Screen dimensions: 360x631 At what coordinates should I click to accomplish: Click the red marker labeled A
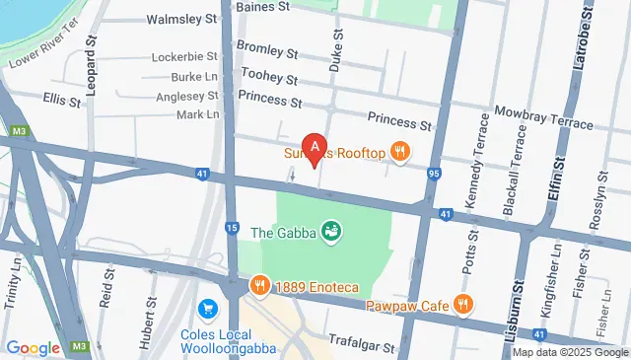coord(315,149)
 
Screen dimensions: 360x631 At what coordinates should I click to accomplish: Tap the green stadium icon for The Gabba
coord(331,232)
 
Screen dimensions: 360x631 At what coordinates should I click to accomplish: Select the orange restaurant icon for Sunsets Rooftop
coord(399,152)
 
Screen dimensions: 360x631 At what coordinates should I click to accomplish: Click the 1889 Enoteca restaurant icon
coord(259,285)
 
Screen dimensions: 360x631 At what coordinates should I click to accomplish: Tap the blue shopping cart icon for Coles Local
coord(207,310)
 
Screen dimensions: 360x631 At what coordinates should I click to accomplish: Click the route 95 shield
coord(434,175)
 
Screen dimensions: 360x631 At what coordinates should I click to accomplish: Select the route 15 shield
coord(232,228)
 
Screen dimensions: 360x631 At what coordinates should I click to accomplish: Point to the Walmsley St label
coord(181,19)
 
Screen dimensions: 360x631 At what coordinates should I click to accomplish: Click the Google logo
coord(33,347)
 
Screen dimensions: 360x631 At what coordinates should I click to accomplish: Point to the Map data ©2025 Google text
coord(569,352)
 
